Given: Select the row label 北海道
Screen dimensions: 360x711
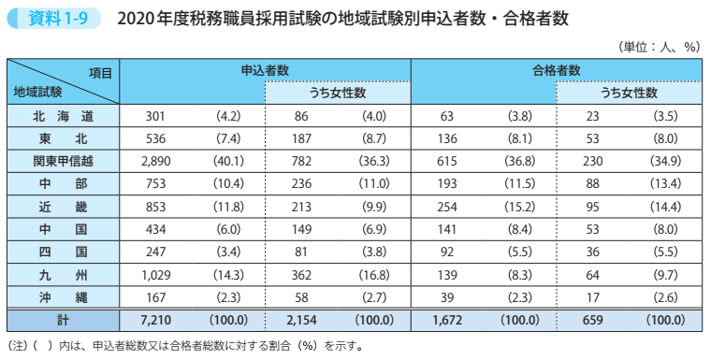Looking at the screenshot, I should (63, 117).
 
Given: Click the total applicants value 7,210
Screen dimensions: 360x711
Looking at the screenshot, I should (154, 320).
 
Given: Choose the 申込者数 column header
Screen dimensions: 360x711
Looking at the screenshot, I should (265, 70).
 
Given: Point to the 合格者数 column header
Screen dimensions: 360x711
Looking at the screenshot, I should (557, 70).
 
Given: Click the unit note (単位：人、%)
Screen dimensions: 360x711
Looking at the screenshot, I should (660, 44).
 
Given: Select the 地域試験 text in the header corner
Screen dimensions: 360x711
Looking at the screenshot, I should (38, 92).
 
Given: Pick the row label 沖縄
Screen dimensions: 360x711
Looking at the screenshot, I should (63, 296).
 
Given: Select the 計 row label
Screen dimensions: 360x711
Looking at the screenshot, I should (63, 320).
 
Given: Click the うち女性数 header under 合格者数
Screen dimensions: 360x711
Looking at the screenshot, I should (629, 93).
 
